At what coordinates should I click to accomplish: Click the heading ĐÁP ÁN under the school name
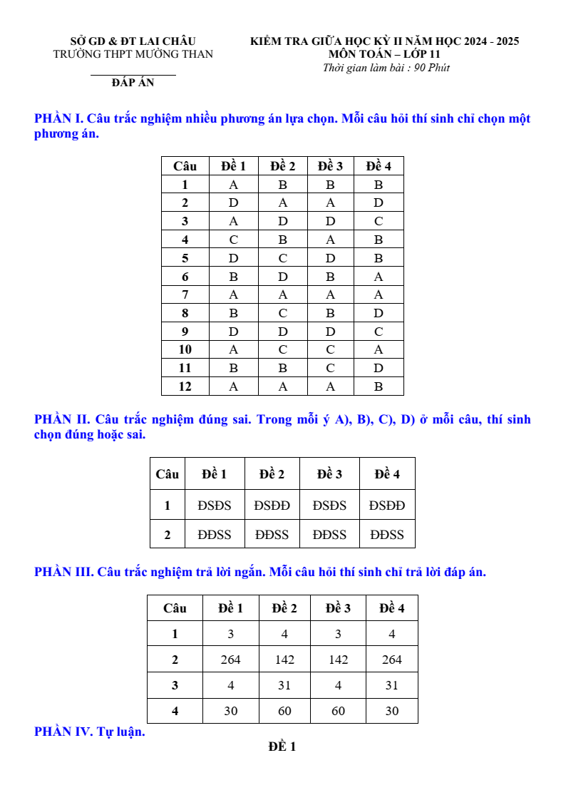click(x=133, y=83)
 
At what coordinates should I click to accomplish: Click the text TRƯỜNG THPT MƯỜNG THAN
click(x=133, y=54)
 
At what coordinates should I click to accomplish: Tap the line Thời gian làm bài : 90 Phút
click(x=386, y=68)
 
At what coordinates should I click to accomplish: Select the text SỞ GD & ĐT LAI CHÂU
click(x=133, y=41)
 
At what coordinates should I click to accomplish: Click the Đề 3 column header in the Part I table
click(x=330, y=166)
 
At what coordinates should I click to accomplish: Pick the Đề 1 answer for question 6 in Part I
click(x=233, y=277)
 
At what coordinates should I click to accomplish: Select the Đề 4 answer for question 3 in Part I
click(x=379, y=221)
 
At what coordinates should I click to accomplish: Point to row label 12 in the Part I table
click(x=185, y=386)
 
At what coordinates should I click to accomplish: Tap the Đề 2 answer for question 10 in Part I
click(x=283, y=349)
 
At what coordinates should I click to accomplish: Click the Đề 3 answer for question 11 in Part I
click(x=330, y=368)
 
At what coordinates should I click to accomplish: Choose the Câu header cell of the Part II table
click(x=168, y=474)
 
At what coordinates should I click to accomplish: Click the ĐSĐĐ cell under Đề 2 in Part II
click(x=272, y=506)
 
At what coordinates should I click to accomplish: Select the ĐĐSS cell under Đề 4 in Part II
click(x=387, y=535)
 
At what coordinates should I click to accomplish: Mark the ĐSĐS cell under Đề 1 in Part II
click(x=215, y=506)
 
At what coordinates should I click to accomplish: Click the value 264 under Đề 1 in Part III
click(x=231, y=660)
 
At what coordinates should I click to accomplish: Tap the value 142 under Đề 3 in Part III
click(x=338, y=660)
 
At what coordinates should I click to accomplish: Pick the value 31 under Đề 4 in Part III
click(x=392, y=685)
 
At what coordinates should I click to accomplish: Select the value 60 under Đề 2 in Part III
click(x=284, y=711)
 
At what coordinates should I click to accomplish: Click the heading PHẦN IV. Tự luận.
click(x=90, y=732)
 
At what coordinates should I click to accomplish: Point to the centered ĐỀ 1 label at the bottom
click(x=282, y=747)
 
